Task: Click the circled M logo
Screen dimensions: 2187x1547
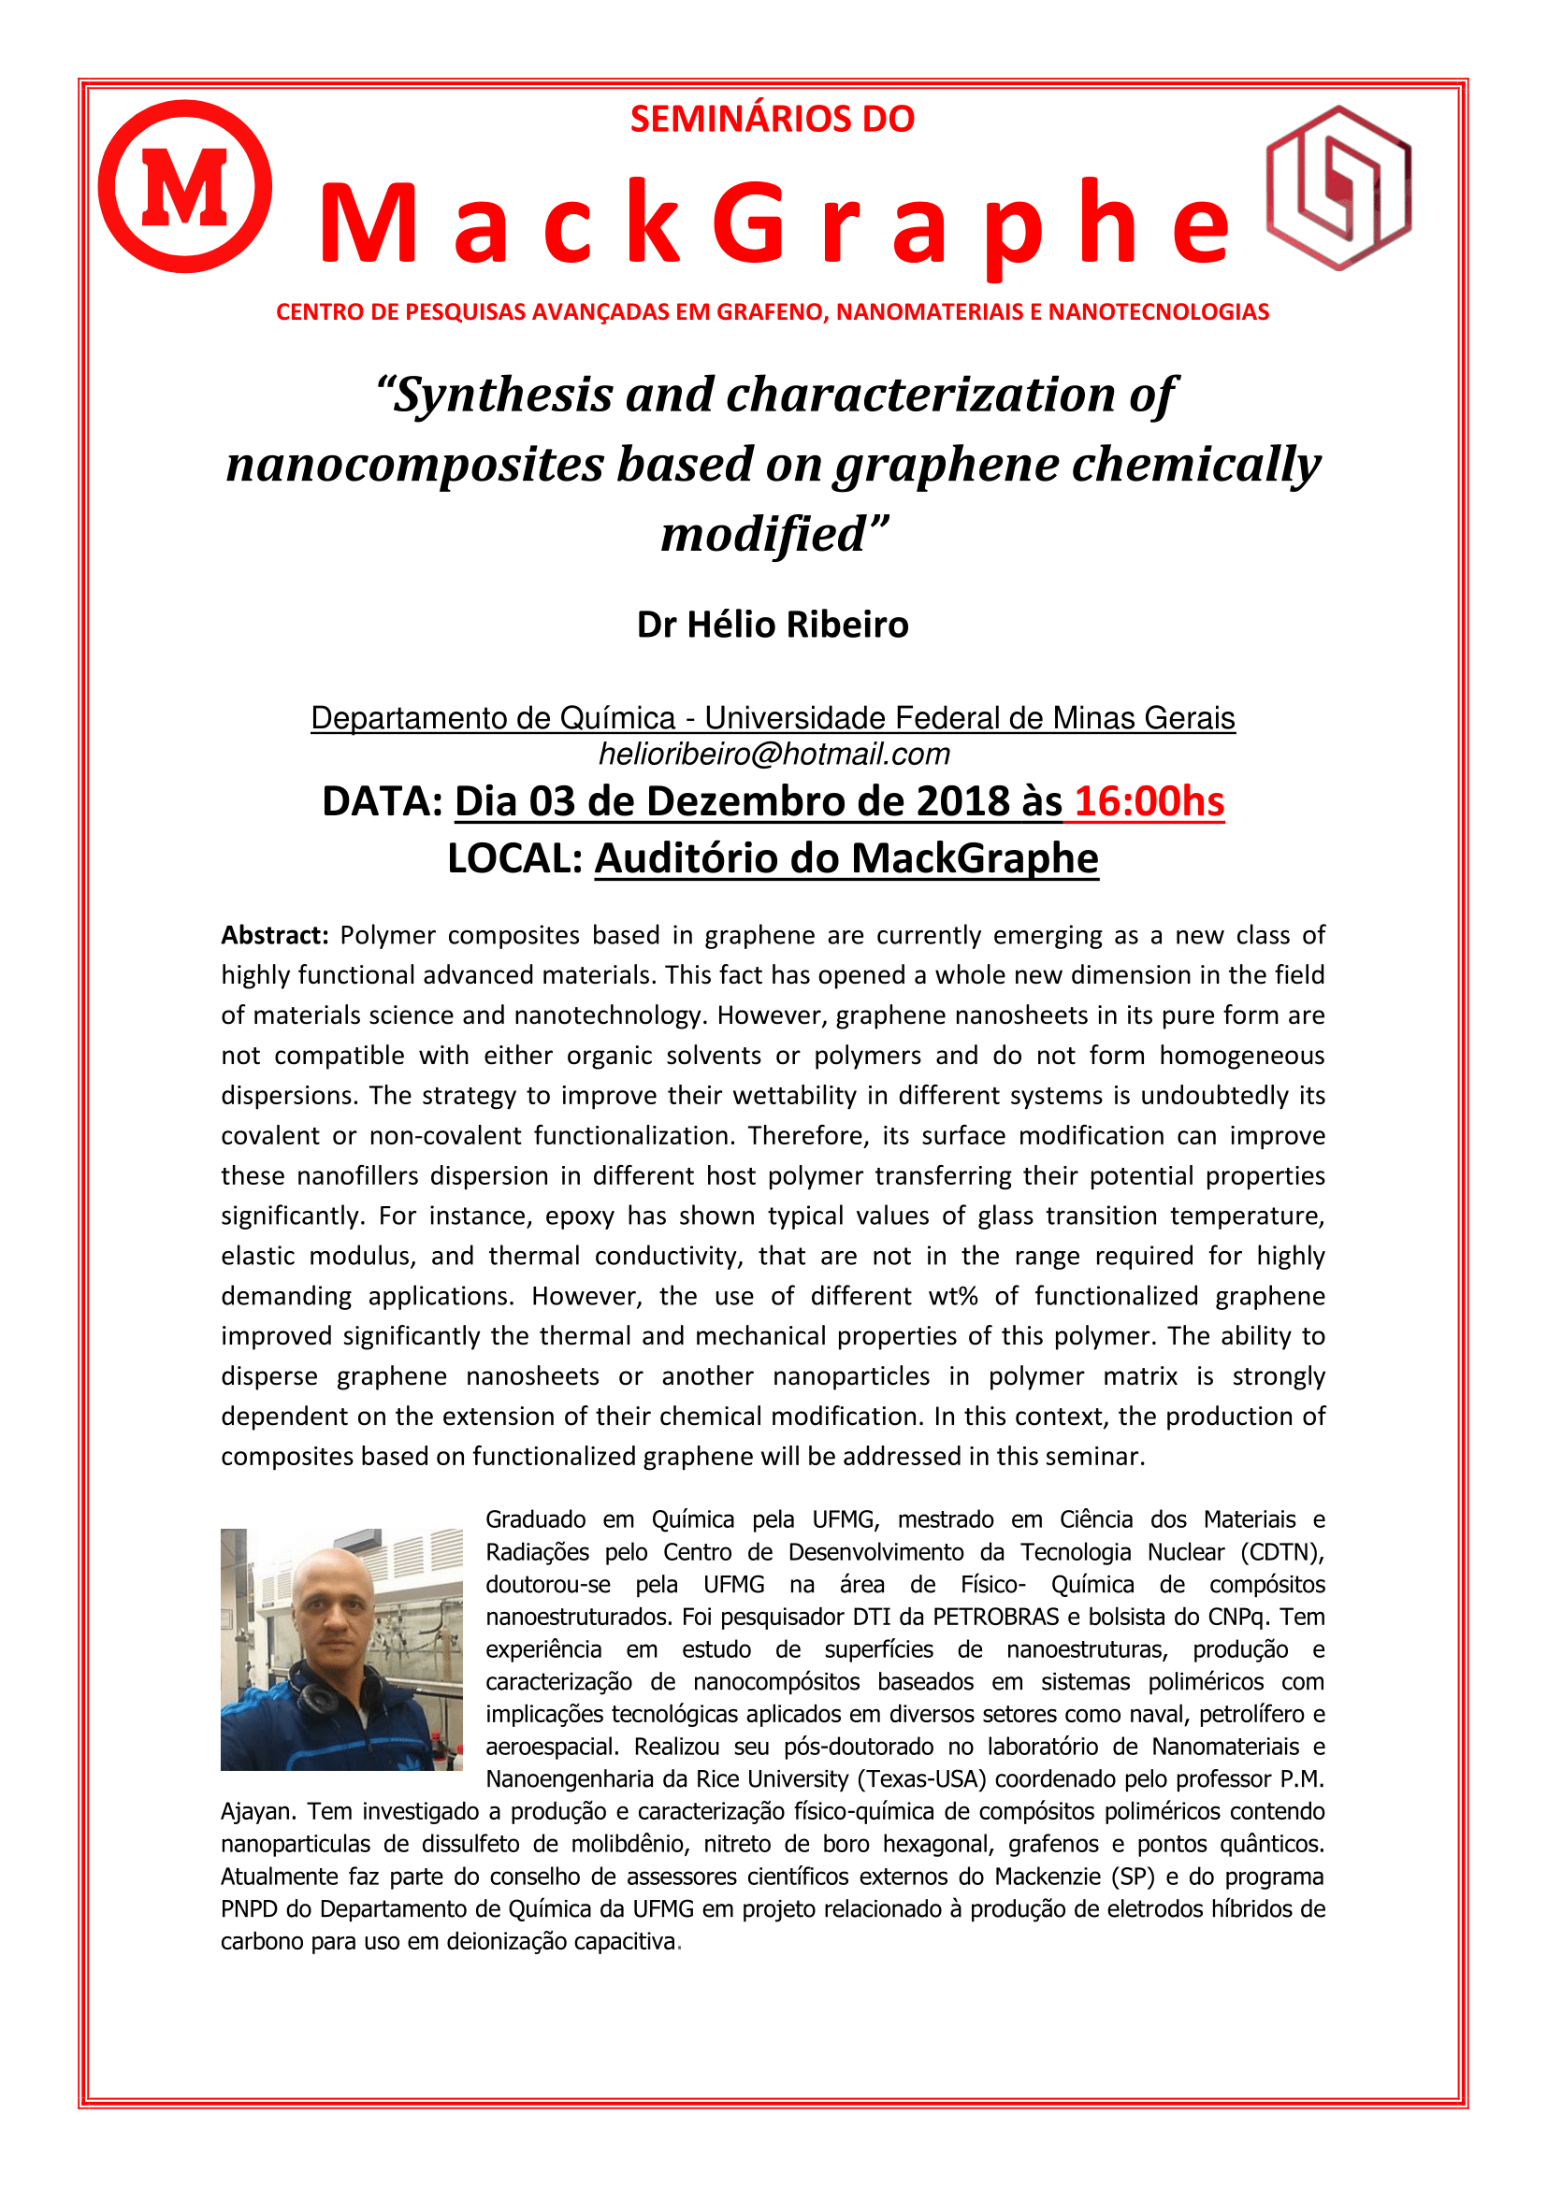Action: pos(185,187)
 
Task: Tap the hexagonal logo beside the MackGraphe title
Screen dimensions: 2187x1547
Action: pos(1337,188)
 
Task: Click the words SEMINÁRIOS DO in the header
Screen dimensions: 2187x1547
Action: pos(772,119)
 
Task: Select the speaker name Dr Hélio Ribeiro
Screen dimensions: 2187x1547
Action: pos(773,625)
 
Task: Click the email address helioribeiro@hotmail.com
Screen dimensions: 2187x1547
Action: pos(773,755)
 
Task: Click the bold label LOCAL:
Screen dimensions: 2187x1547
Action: pos(515,858)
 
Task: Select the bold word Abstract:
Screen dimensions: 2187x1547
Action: pos(274,935)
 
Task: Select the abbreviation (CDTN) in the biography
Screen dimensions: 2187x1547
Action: pos(1282,1553)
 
